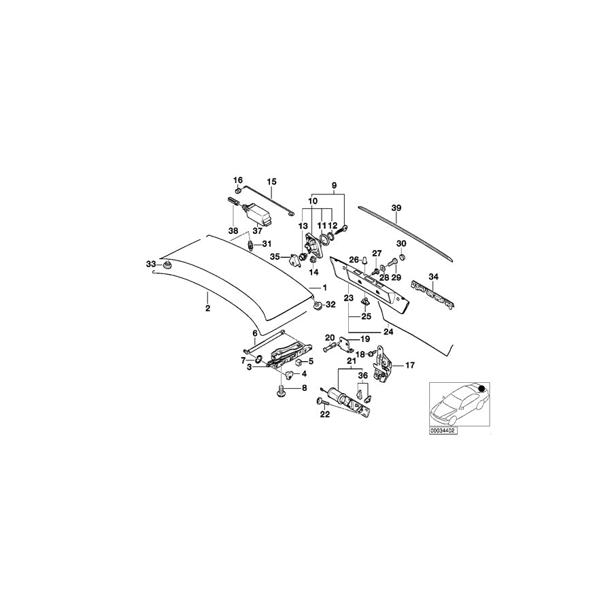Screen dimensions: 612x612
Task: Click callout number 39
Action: coord(396,208)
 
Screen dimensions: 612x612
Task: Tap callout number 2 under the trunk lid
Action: coord(207,308)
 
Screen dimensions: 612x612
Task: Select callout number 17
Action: coord(410,365)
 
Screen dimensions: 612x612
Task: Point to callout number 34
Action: coord(433,277)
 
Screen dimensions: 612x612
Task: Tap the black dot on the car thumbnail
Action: coord(481,388)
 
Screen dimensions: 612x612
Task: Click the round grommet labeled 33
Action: coord(169,266)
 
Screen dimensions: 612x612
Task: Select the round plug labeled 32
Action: coord(318,305)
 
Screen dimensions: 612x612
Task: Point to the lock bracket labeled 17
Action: coord(382,363)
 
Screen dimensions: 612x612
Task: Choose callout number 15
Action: coord(271,182)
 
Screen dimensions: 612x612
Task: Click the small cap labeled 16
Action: coord(238,191)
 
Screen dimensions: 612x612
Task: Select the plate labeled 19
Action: coord(345,344)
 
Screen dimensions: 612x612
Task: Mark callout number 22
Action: coord(325,414)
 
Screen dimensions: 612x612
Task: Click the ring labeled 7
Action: coord(258,358)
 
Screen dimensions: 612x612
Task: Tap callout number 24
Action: coord(389,332)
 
